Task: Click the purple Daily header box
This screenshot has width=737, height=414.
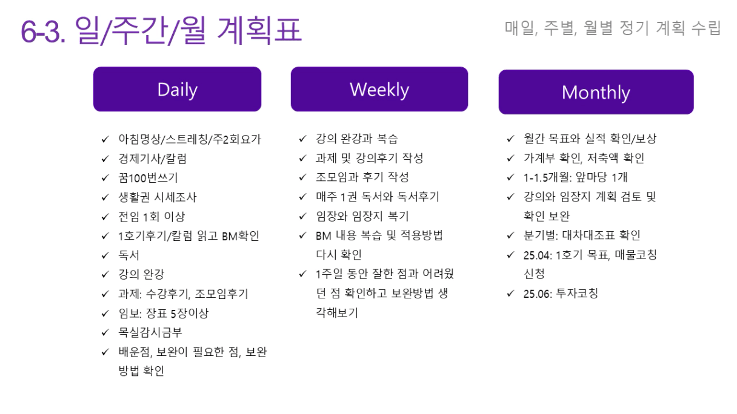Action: pyautogui.click(x=177, y=89)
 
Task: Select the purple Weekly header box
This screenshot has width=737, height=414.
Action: pyautogui.click(x=379, y=89)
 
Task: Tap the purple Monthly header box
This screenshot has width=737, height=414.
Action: pyautogui.click(x=596, y=92)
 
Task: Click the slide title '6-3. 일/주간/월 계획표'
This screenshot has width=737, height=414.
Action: pyautogui.click(x=161, y=30)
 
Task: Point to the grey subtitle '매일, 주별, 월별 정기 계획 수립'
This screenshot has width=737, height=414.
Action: pyautogui.click(x=613, y=28)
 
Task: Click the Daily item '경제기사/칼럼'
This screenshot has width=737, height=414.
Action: pyautogui.click(x=152, y=159)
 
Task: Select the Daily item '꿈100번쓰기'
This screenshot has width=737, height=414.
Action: pyautogui.click(x=148, y=178)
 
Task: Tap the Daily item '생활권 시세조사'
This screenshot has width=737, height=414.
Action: pyautogui.click(x=157, y=197)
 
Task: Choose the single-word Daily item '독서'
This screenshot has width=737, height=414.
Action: pyautogui.click(x=128, y=255)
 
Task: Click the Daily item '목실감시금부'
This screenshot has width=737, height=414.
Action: pyautogui.click(x=150, y=332)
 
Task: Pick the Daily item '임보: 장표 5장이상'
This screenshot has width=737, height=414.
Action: pyautogui.click(x=164, y=313)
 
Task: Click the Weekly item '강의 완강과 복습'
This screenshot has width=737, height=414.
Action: pyautogui.click(x=356, y=139)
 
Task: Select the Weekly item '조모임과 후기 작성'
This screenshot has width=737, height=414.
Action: pyautogui.click(x=362, y=177)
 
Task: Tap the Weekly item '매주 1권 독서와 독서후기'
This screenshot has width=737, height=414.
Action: pyautogui.click(x=378, y=197)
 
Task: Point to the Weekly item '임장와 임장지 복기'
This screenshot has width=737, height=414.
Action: pyautogui.click(x=362, y=216)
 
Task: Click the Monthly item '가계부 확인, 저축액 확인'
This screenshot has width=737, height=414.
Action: pyautogui.click(x=584, y=158)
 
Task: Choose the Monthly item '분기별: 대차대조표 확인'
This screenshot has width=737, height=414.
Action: pyautogui.click(x=582, y=235)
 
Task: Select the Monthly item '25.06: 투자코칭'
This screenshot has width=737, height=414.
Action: pyautogui.click(x=561, y=293)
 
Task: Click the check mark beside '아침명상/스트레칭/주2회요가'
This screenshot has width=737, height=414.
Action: pyautogui.click(x=105, y=139)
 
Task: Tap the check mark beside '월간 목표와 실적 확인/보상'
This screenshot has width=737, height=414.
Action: pyautogui.click(x=510, y=139)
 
